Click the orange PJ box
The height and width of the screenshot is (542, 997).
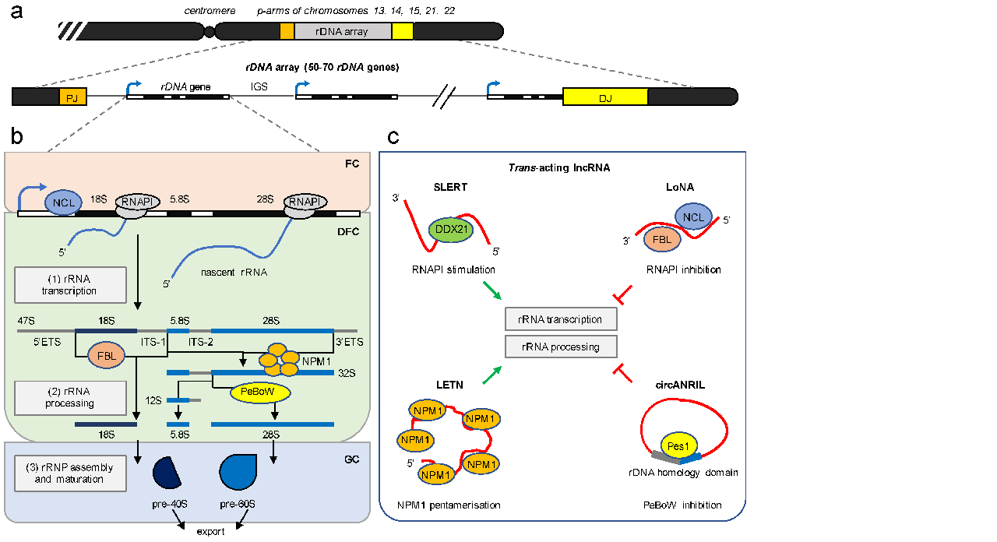72,97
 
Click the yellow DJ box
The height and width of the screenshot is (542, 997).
605,97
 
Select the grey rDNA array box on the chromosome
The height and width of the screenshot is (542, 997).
343,31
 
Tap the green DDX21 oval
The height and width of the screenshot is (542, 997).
451,230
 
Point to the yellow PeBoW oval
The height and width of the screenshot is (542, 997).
259,393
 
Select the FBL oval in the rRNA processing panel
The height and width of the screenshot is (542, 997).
107,356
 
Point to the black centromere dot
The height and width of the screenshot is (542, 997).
209,31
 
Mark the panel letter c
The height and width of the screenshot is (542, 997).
394,137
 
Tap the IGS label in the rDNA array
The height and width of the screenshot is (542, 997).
259,87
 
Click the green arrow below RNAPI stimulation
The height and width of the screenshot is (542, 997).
491,293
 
